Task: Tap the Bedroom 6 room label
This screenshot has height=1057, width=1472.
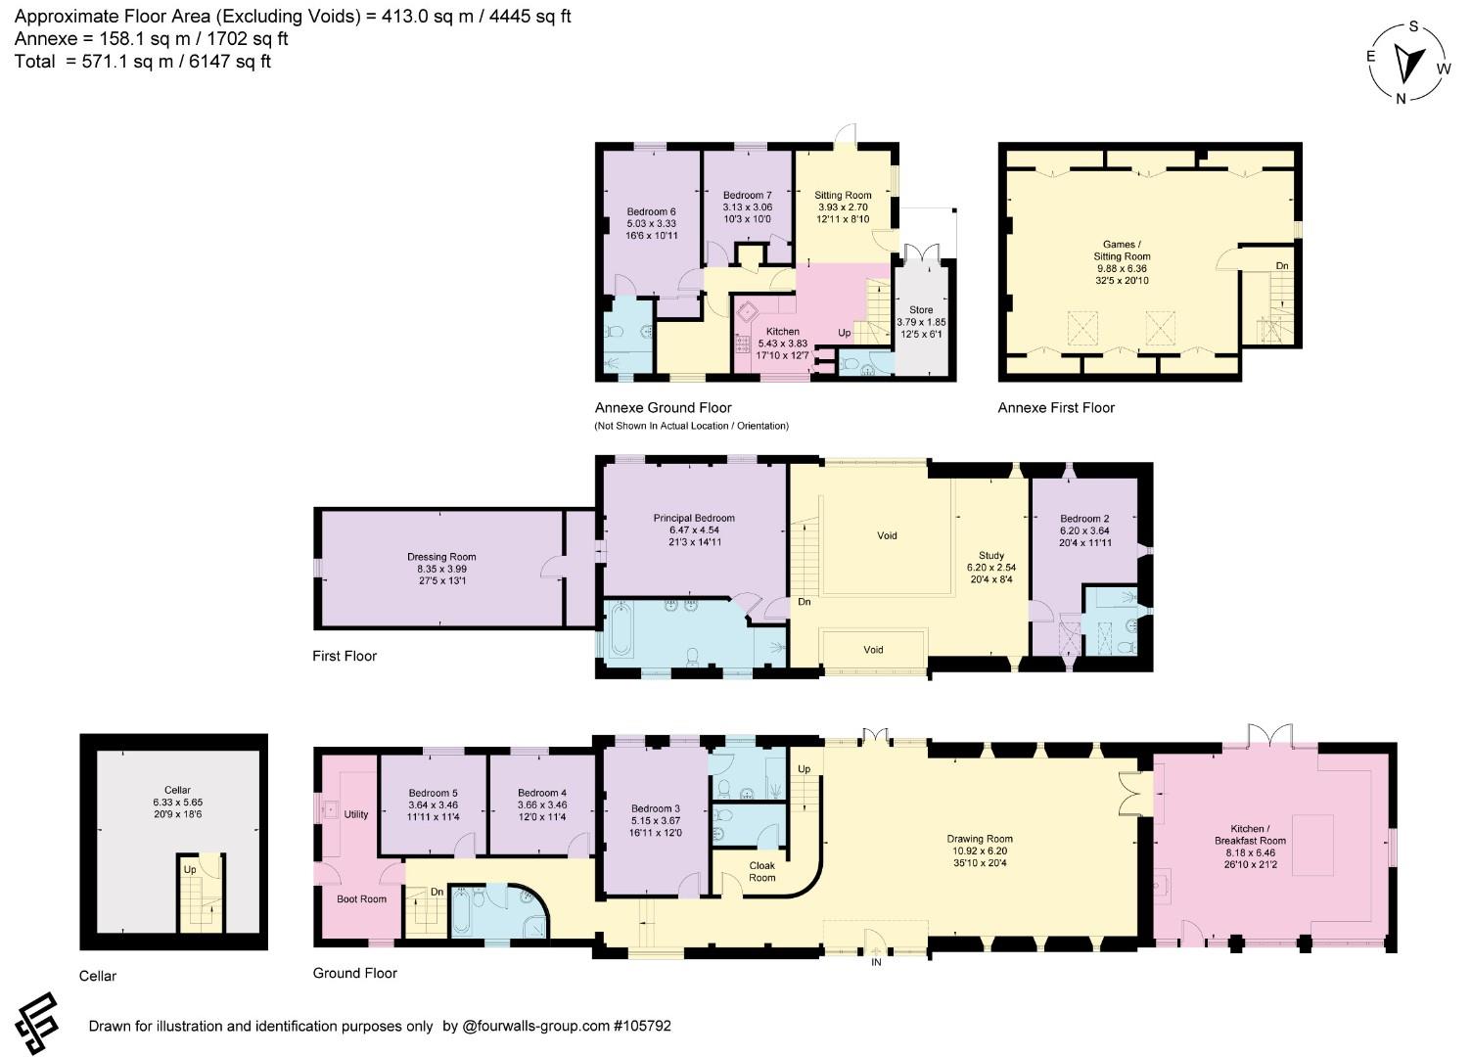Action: (651, 223)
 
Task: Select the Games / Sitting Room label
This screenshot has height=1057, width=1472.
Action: (1122, 262)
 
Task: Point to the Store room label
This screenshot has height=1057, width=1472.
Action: (921, 322)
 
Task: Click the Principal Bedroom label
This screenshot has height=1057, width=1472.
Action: (694, 530)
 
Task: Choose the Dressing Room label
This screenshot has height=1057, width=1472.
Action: (441, 569)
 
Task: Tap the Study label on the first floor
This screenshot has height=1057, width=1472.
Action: (991, 568)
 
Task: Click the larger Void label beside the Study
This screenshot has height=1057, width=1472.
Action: (887, 535)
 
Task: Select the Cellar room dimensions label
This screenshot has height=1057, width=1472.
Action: (177, 808)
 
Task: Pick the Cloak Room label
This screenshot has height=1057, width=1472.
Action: (762, 872)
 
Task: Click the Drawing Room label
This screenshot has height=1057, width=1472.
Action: (980, 850)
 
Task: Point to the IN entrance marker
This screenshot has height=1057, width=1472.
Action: (876, 962)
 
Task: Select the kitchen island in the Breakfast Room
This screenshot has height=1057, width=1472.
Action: (1313, 845)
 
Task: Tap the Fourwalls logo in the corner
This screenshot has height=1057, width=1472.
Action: (36, 1023)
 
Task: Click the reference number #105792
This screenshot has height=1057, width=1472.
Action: (642, 1026)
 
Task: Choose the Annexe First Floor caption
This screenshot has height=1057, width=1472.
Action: (1056, 408)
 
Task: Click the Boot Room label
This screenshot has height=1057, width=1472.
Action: (361, 898)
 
